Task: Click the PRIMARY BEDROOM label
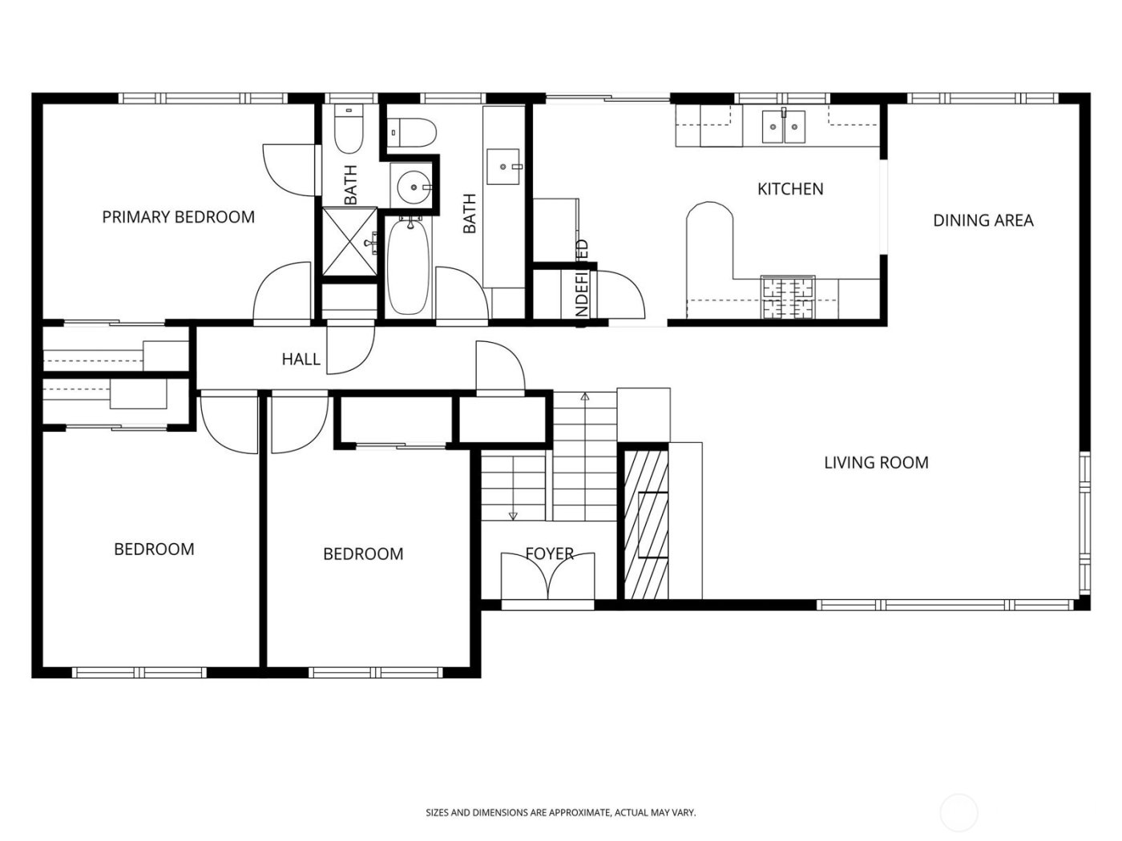[178, 217]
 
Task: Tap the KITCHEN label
[790, 189]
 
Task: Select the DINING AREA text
[983, 220]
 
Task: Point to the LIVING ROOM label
[876, 462]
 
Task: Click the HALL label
[301, 360]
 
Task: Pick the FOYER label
[549, 553]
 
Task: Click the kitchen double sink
[783, 127]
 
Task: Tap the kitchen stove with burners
[787, 298]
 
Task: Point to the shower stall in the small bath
[349, 241]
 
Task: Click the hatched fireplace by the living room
[645, 525]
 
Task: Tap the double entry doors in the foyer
[548, 577]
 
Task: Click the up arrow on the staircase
[585, 396]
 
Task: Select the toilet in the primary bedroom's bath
[349, 131]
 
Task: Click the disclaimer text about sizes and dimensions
[560, 812]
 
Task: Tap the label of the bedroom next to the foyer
[362, 554]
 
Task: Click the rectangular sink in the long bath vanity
[505, 167]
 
